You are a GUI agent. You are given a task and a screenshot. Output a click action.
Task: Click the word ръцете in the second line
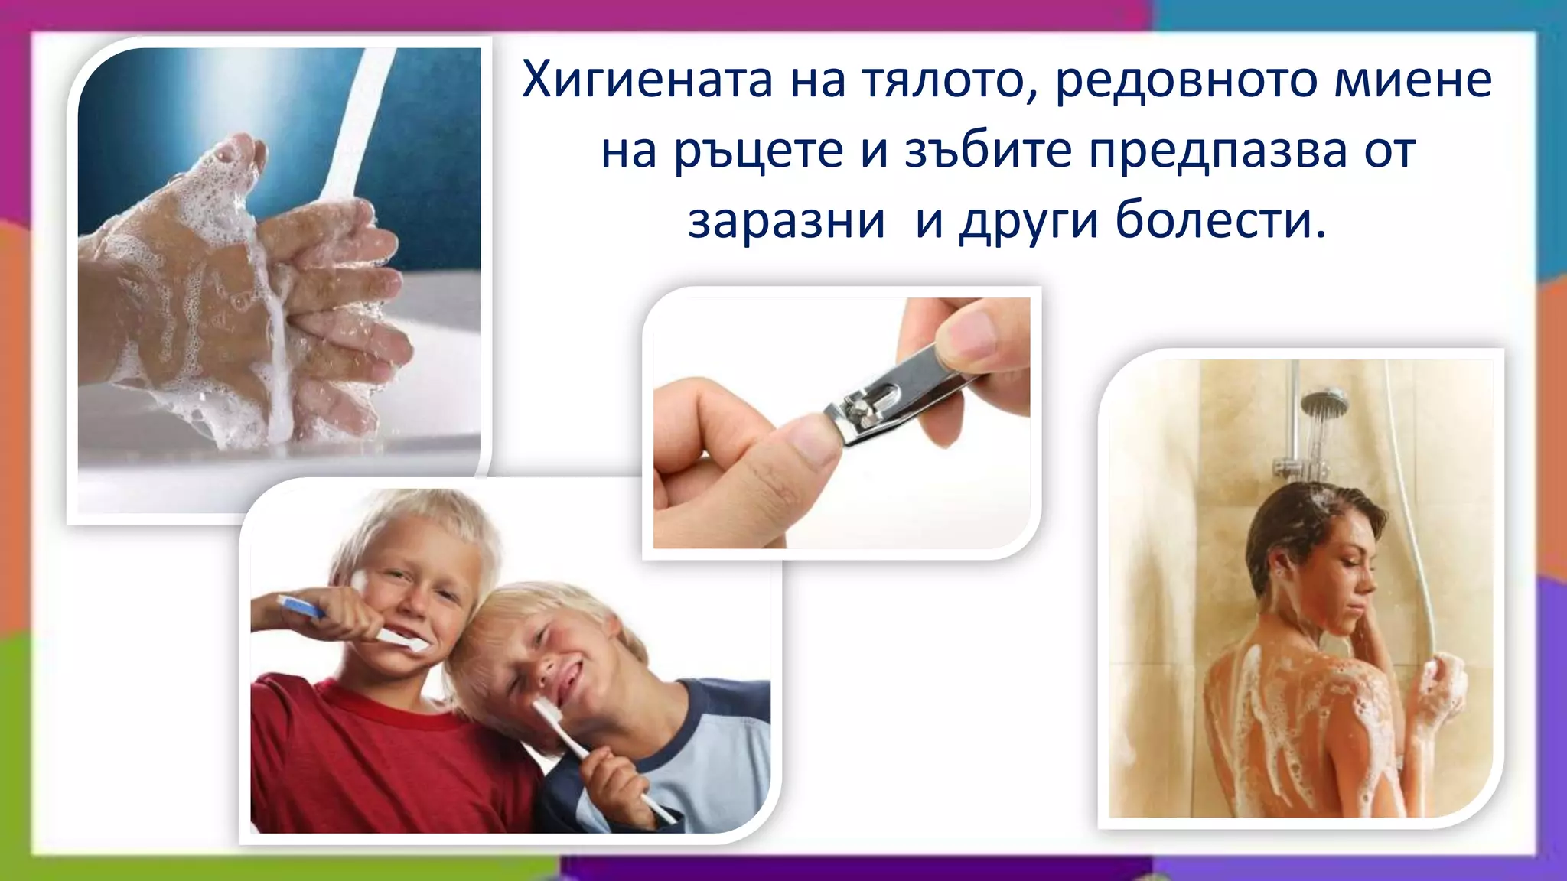(x=758, y=152)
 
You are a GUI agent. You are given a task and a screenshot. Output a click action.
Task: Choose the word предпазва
(x=1217, y=152)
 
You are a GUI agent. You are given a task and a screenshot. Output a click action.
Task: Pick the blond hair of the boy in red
(x=417, y=520)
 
